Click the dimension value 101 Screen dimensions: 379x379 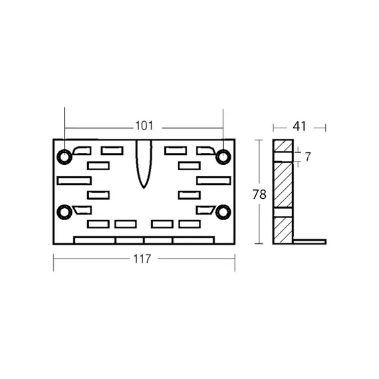click(x=144, y=126)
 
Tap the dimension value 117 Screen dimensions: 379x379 click(x=142, y=259)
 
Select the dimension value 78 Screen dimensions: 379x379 click(x=259, y=194)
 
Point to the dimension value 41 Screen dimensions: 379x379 click(x=299, y=126)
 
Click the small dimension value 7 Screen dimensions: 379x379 click(x=307, y=157)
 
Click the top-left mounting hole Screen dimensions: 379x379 click(x=64, y=157)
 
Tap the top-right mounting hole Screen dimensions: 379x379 click(x=223, y=157)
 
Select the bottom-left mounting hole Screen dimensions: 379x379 click(x=64, y=212)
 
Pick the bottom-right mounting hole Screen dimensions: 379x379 click(x=223, y=212)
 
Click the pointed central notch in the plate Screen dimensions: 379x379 click(x=144, y=164)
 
